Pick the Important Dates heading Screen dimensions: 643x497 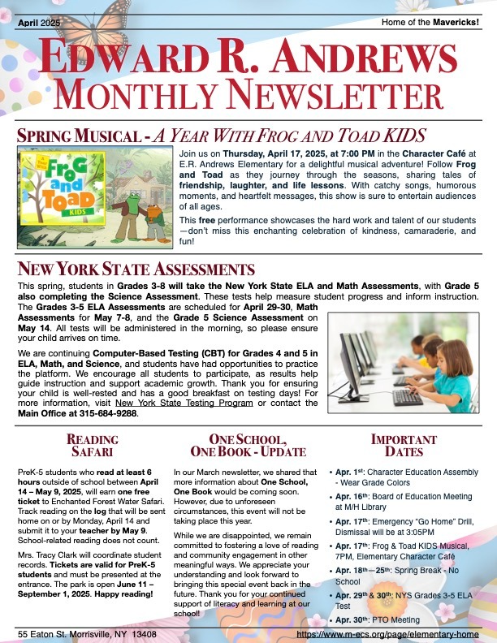403,447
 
